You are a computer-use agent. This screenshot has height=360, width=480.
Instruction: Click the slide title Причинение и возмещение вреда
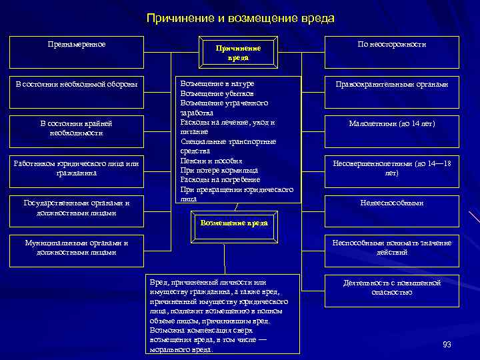coord(240,18)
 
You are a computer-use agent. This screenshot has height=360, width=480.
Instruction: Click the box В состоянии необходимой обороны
coord(77,85)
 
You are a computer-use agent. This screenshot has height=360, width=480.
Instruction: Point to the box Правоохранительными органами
coord(391,85)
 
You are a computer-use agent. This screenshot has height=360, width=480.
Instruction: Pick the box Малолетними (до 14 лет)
coord(391,124)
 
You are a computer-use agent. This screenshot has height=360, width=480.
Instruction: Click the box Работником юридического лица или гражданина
coord(77,168)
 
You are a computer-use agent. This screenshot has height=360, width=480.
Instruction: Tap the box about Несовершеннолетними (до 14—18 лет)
coord(391,168)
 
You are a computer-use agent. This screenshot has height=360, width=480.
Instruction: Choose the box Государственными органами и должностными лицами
coord(77,207)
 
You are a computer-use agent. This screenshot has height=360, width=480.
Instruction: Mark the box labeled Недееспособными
coord(391,203)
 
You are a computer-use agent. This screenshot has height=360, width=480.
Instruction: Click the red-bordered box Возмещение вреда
coord(234,223)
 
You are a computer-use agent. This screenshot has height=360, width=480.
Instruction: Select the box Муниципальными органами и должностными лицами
coord(77,247)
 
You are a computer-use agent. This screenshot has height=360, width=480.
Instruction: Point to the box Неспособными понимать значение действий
coord(391,247)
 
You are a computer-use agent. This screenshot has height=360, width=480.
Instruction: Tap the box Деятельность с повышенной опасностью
coord(391,287)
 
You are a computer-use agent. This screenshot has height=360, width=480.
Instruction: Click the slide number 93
coord(447,344)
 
